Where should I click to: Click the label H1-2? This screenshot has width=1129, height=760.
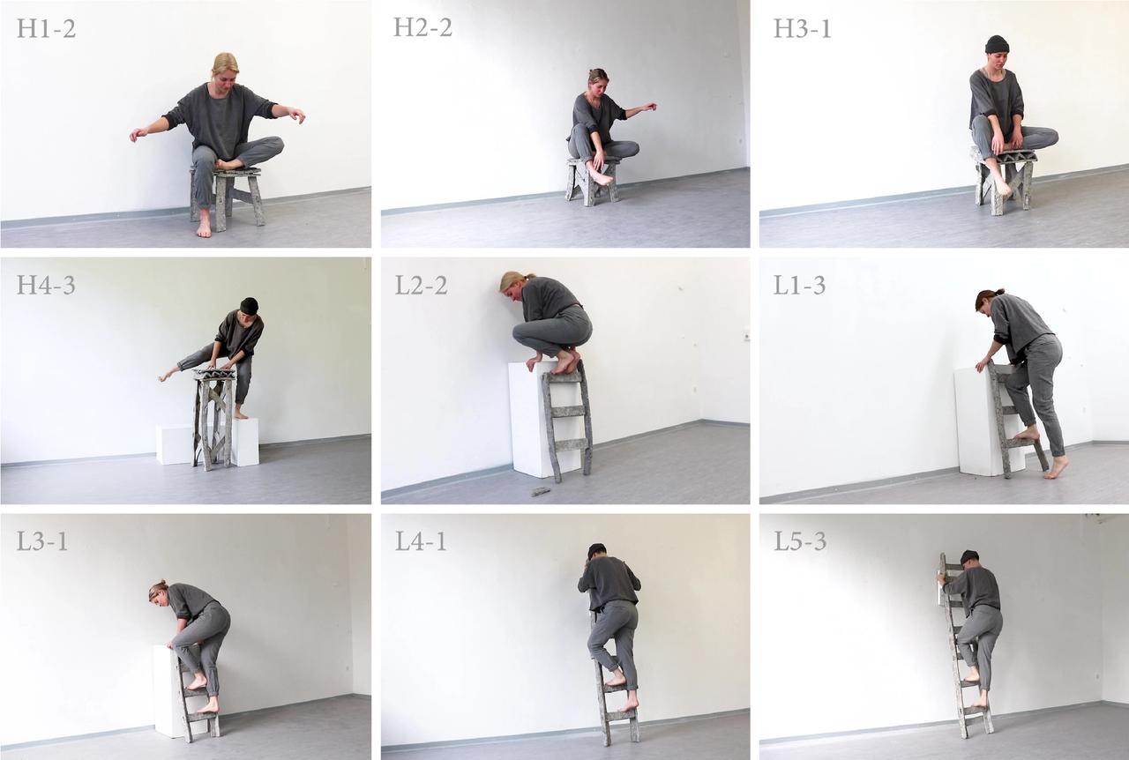tap(46, 28)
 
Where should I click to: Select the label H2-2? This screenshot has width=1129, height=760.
tap(422, 28)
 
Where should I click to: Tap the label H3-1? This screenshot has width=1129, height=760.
tap(803, 28)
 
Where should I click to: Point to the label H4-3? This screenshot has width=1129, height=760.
tap(46, 284)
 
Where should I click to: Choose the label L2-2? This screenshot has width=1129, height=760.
tap(422, 284)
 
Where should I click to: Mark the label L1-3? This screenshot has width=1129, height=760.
tap(800, 284)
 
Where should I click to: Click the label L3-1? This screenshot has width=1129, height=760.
tap(42, 540)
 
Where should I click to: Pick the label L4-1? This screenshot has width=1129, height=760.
tap(421, 540)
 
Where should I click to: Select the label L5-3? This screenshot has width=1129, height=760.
tap(800, 540)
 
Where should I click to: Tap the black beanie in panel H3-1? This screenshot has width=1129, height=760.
tap(997, 44)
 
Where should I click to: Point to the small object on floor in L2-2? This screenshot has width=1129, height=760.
tap(540, 491)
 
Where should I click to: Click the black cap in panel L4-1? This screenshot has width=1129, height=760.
tap(597, 549)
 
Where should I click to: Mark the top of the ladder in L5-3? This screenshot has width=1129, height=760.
tap(944, 562)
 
